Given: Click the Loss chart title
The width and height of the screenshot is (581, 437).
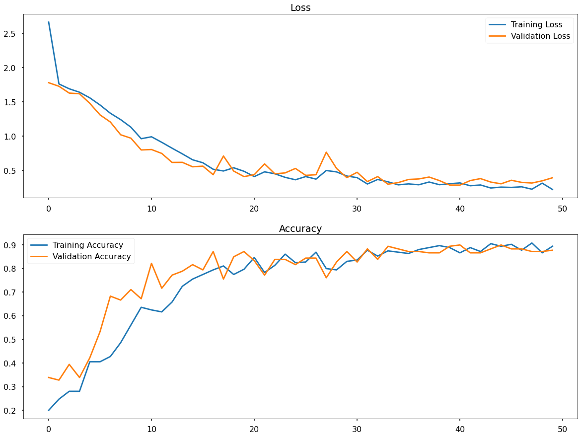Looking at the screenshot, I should click(x=300, y=7).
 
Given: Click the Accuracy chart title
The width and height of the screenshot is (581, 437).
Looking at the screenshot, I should click(x=300, y=229).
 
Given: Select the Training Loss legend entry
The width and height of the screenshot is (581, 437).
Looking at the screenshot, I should click(x=536, y=25).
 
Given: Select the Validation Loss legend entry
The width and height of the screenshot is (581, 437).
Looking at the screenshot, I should click(x=540, y=36).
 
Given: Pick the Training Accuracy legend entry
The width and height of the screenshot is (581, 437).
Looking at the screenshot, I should click(x=87, y=245).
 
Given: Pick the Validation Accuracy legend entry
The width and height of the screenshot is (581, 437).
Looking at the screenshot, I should click(x=91, y=257).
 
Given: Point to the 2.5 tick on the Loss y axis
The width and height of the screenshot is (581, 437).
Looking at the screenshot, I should click(x=12, y=34).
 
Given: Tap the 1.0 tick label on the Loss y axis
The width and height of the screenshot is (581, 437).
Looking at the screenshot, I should click(x=12, y=137).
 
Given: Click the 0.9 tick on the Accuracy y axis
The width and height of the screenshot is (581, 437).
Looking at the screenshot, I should click(x=12, y=245).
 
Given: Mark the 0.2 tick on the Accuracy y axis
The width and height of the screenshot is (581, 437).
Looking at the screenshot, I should click(x=12, y=411).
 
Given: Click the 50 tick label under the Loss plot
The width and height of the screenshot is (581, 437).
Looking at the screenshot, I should click(x=563, y=208).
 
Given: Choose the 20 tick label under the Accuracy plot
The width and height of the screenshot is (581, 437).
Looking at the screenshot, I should click(x=254, y=429).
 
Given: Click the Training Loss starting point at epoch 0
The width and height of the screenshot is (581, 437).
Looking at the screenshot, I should click(x=49, y=22).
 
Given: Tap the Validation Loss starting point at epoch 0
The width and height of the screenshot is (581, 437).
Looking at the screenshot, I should click(x=49, y=82).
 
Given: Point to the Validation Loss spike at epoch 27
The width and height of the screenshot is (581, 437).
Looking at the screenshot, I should click(x=326, y=152).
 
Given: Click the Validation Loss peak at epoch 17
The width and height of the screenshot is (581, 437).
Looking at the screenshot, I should click(x=223, y=156).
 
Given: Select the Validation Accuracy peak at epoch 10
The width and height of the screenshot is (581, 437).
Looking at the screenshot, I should click(x=151, y=263).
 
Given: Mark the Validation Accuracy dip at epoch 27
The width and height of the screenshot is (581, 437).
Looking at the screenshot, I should click(x=326, y=278).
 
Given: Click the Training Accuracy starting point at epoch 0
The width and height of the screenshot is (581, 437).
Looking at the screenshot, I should click(x=49, y=410).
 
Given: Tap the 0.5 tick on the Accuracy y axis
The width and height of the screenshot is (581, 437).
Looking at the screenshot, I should click(x=12, y=340).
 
